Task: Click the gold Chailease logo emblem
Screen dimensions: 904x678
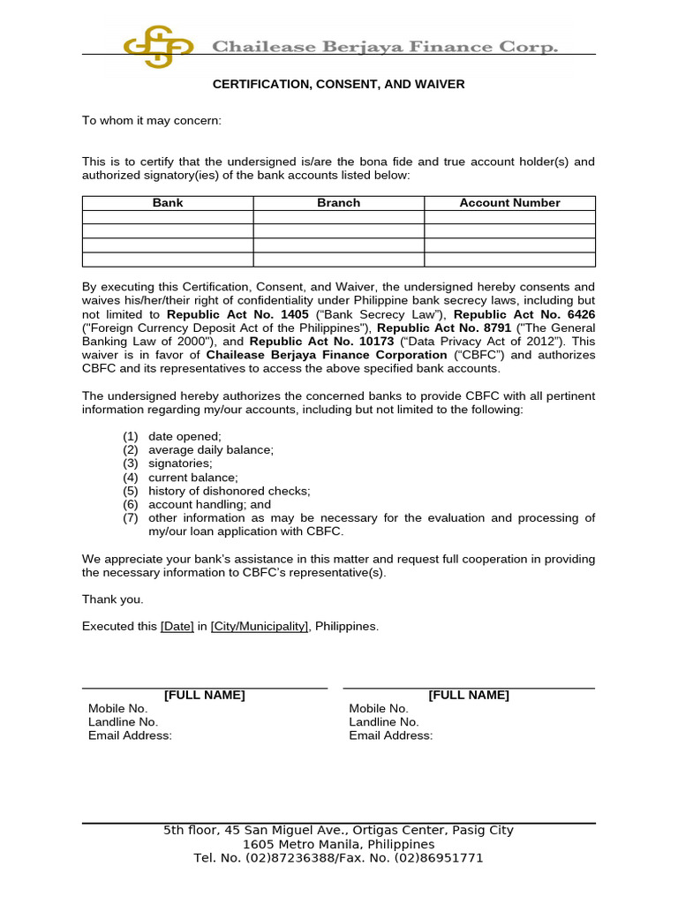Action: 158,46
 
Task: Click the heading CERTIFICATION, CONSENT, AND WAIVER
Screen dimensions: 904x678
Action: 338,85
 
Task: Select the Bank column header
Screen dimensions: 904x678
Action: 168,203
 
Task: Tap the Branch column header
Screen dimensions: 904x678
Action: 339,203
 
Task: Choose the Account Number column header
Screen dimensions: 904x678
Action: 509,203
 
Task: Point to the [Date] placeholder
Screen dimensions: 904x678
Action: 177,627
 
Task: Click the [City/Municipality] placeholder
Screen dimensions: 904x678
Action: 260,627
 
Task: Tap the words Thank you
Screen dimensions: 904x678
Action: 112,599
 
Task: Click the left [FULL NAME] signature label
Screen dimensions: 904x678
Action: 205,696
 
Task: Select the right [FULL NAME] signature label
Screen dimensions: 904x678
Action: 469,696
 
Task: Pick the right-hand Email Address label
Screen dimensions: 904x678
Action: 391,735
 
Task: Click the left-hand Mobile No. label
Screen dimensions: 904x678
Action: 118,709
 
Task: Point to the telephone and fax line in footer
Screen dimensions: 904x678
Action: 338,858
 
